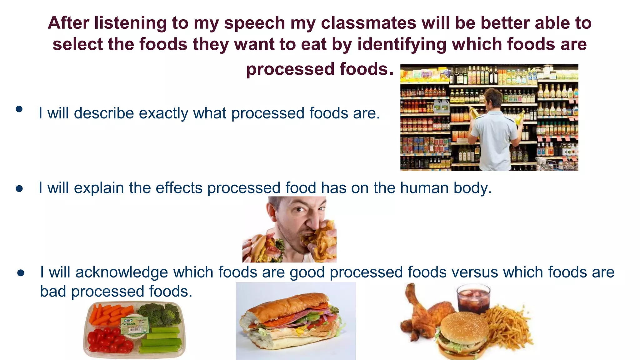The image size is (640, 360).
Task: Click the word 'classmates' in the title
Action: coord(369,23)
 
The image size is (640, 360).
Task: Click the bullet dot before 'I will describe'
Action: coord(19,109)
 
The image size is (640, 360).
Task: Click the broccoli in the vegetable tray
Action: coord(161,312)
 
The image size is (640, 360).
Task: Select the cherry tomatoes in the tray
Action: coord(108,341)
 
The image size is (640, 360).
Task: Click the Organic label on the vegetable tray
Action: coord(134,325)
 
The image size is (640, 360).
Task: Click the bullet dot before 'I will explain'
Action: coord(19,189)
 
